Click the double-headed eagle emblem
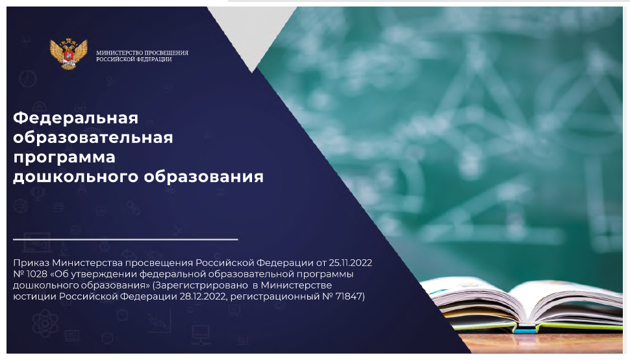coord(68,54)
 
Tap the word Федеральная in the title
coord(75,118)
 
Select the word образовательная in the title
coord(93,138)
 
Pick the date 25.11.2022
coord(350,263)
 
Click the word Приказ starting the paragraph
coord(31,263)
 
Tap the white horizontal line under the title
coord(125,240)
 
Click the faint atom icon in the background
coord(45,323)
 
